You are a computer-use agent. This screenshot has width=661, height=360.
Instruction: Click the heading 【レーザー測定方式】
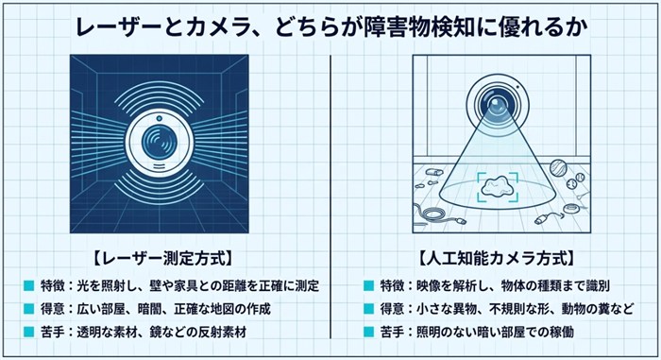point(161,258)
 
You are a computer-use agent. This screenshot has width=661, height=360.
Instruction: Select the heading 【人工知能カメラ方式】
point(496,258)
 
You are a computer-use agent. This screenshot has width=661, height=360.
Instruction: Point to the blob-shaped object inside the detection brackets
point(497,186)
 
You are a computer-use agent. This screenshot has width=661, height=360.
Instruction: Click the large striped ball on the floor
point(559,167)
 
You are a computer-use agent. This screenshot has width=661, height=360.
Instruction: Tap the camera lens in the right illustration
point(496,103)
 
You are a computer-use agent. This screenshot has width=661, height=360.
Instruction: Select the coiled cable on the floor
point(430,213)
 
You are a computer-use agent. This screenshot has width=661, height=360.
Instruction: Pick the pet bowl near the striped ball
point(571,209)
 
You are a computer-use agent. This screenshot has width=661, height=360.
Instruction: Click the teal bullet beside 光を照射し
point(29,285)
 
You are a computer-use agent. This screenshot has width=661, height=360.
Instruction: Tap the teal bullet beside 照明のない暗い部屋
point(368,332)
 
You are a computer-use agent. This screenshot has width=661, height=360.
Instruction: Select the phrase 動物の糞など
point(598,309)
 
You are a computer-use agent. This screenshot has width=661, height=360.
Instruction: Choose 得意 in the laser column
point(53,309)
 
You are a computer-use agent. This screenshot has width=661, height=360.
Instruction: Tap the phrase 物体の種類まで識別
point(555,285)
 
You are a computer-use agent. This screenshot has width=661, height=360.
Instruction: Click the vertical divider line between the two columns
point(330,197)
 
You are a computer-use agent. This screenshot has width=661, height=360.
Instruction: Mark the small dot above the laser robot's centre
point(160,118)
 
